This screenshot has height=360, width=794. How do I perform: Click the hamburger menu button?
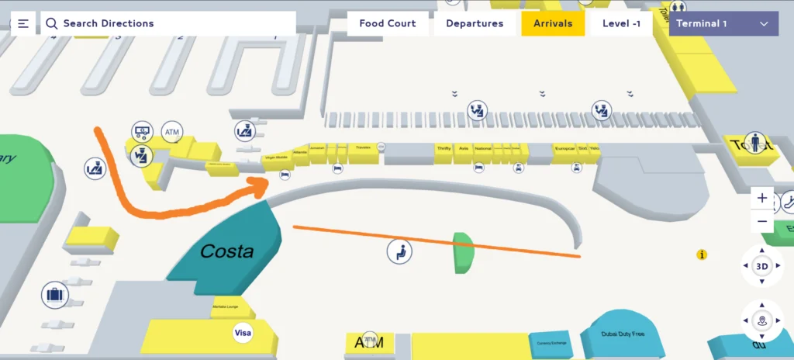point(23,23)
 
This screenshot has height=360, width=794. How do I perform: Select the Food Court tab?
point(388,23)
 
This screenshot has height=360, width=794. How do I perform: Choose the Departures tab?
point(475,23)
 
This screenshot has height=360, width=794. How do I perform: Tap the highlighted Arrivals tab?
point(553,23)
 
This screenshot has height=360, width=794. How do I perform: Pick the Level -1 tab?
point(621,23)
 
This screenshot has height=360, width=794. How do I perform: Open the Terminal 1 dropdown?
point(723,23)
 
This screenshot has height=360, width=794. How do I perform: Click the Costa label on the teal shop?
point(227,251)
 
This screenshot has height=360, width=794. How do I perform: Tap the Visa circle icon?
point(243,334)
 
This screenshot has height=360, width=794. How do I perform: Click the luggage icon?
point(54,295)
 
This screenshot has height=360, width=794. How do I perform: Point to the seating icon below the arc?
point(399,251)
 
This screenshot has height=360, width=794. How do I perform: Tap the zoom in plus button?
point(762,199)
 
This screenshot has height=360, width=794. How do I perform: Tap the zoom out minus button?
point(762,221)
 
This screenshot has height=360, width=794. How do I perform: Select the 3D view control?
point(762,266)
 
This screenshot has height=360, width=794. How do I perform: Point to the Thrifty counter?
point(444,148)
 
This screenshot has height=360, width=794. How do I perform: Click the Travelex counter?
point(362,147)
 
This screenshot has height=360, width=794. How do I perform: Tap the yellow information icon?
point(702,254)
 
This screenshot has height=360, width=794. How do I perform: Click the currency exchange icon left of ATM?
point(142,130)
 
